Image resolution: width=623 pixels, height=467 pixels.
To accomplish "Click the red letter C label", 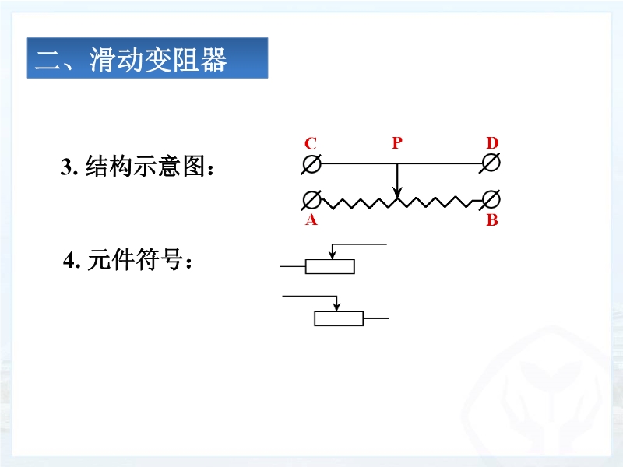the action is coord(311,143).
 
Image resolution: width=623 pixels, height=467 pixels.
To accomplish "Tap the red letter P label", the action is coord(397,142).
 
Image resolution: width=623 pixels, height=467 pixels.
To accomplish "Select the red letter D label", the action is coord(492,142).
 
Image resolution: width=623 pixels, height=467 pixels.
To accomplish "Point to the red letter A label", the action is coord(311,219).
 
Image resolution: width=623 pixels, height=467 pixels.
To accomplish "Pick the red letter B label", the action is coord(492,219).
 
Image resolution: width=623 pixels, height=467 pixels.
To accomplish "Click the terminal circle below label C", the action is coord(311,163).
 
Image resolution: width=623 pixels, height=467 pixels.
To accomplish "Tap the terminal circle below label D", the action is coord(491,163).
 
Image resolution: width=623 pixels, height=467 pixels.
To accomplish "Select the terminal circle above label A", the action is coord(311,200).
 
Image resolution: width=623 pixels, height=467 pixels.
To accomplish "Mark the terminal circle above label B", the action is coord(491,199).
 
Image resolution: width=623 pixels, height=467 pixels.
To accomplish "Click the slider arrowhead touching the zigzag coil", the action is coord(397,193).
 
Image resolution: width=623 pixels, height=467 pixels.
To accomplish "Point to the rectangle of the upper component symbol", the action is coord(329,266).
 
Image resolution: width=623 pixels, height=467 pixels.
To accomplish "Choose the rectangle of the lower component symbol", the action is coord(339,318).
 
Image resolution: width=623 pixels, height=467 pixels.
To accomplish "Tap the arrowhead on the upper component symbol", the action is coord(333,255).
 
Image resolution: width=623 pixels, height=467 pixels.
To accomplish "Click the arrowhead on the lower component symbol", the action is coord(337,306).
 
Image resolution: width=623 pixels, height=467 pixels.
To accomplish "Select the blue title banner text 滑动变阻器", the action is coord(158,60).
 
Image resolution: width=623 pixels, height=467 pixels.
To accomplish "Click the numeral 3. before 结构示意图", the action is coord(69,167).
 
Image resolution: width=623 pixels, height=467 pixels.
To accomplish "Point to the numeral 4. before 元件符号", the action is coord(72,261).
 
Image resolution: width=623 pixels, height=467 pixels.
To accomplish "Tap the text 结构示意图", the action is coord(146,166).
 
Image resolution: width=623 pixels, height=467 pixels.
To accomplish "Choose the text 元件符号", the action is coord(135,260).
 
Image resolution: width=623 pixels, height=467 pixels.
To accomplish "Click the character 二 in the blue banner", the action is coord(48,61).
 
